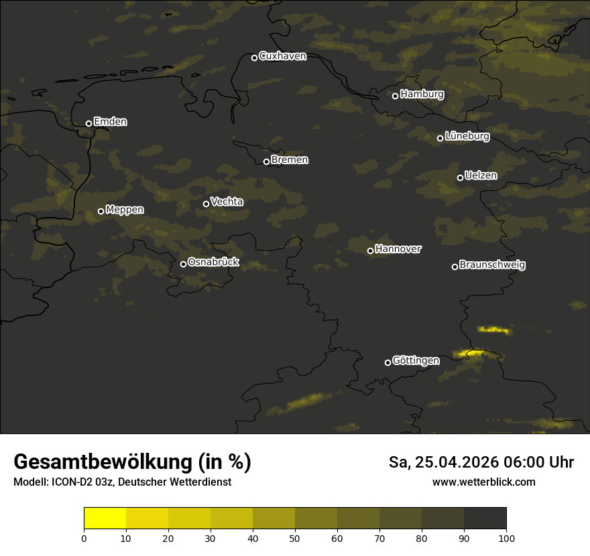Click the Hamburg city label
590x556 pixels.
click(x=422, y=94)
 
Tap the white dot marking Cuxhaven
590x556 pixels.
click(x=254, y=58)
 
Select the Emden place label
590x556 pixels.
click(x=110, y=122)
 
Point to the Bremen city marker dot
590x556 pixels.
click(x=266, y=161)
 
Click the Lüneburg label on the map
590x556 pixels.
click(x=467, y=137)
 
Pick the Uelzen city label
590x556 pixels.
click(x=481, y=176)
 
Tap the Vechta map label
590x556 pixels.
click(x=227, y=202)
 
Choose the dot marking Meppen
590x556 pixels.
click(x=101, y=211)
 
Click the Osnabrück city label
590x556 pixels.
click(x=213, y=263)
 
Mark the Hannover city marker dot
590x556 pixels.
click(x=370, y=251)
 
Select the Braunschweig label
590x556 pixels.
click(x=492, y=265)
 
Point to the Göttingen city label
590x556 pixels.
click(x=416, y=361)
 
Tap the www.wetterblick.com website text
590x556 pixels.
click(x=483, y=482)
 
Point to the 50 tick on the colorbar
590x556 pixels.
click(x=295, y=537)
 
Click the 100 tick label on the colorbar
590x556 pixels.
click(x=506, y=538)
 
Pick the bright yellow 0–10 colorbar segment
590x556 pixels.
click(x=105, y=518)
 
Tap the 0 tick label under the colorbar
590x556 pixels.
click(x=84, y=538)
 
